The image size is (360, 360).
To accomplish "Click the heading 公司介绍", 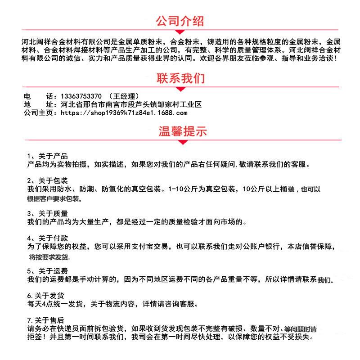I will (x=180, y=21).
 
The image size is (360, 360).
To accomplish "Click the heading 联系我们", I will (x=180, y=78).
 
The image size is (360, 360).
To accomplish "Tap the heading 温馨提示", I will (x=182, y=132).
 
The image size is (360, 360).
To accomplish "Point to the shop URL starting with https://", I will (x=123, y=112).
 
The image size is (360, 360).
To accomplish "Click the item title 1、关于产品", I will (x=47, y=156).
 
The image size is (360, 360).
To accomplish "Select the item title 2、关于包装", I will (x=47, y=180).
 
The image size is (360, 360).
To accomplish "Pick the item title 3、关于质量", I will (x=47, y=213).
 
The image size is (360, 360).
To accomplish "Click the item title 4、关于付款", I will (x=47, y=238).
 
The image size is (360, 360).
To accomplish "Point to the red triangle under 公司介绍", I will (x=180, y=32).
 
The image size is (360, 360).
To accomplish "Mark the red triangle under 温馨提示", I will (x=182, y=143).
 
